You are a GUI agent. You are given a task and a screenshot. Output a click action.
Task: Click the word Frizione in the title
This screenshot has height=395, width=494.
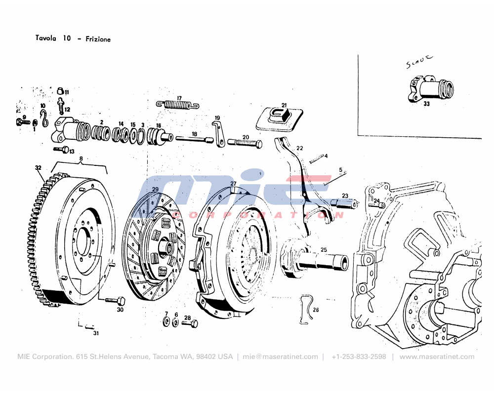tap(98, 39)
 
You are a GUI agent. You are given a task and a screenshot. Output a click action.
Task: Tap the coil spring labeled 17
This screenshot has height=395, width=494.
tap(177, 104)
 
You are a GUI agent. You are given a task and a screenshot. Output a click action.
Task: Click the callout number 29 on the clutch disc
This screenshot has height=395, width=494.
tap(155, 190)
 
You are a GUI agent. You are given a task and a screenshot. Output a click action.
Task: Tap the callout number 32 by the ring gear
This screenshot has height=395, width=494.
tap(38, 167)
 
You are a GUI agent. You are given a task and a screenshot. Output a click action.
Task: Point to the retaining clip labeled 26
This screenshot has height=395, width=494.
tap(306, 310)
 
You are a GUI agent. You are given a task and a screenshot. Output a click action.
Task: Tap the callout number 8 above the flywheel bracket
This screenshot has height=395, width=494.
tap(81, 158)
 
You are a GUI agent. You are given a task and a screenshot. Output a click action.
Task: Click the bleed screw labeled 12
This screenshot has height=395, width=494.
tap(61, 105)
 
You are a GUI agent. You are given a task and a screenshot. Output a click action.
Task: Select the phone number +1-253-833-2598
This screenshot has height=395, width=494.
tap(359, 356)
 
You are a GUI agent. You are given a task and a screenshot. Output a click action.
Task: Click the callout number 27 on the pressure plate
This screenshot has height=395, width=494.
tap(233, 183)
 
